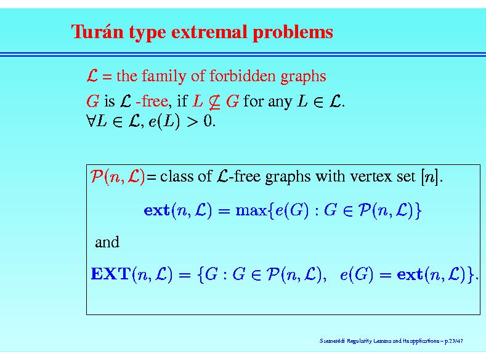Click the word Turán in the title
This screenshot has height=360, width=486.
(97, 31)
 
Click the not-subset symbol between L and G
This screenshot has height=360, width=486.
(214, 102)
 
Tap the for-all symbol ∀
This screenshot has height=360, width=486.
(91, 121)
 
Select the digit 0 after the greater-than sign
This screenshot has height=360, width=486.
(208, 121)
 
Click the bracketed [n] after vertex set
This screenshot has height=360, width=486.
(430, 177)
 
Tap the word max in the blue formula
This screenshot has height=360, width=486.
(251, 211)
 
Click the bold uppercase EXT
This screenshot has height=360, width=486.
(110, 274)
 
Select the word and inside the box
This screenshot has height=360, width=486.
(107, 242)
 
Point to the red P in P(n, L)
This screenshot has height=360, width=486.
(96, 176)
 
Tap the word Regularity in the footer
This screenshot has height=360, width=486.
(359, 341)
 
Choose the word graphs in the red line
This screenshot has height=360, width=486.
(303, 76)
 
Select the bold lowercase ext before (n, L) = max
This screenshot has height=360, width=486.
(156, 211)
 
